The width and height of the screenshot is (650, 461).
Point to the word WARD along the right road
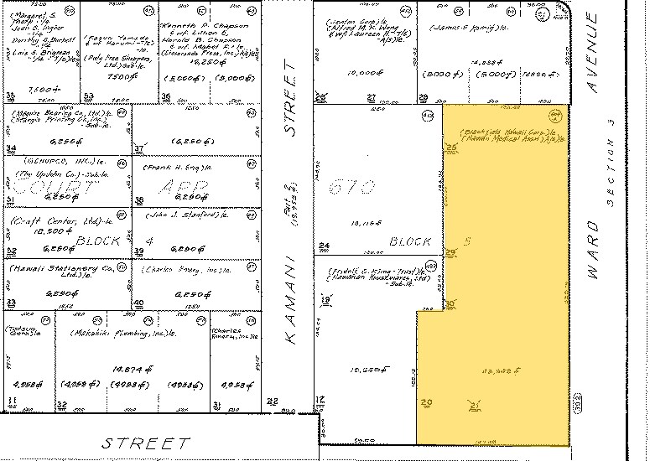[594, 249]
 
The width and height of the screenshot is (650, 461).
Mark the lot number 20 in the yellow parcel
[426, 403]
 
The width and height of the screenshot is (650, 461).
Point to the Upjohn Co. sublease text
[57, 174]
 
